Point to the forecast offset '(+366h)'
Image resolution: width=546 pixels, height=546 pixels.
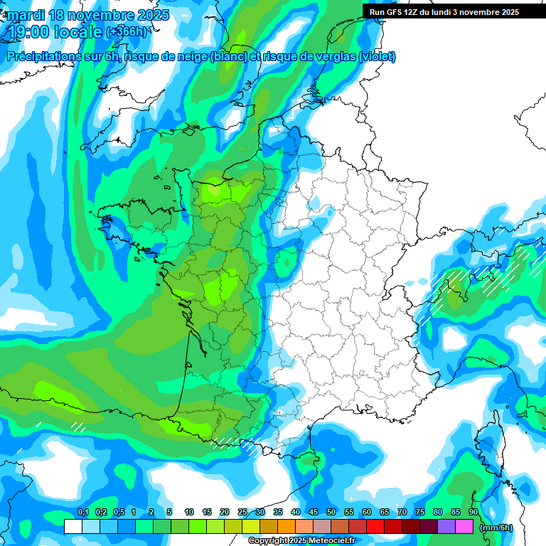126,32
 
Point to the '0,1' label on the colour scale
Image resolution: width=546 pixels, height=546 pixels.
82,513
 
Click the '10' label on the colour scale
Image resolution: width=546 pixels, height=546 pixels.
189,513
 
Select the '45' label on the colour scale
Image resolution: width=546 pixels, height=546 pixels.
314,513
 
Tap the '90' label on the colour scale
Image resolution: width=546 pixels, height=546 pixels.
473,513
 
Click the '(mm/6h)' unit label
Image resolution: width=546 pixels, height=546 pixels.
496,528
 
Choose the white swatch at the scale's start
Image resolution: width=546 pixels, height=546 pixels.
73,527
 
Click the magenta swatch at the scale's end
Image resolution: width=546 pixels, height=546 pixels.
464,527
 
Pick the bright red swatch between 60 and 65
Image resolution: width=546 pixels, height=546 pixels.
375,527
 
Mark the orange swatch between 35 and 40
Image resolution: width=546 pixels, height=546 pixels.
287,527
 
